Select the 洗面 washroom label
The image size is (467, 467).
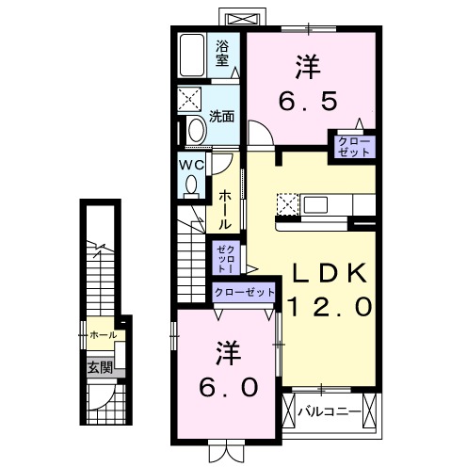coord(222,117)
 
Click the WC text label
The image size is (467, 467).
coord(192,164)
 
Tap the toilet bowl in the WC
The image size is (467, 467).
coord(192,185)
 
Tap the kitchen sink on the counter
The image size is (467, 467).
coord(314,204)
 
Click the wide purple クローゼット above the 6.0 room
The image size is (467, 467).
coord(244,292)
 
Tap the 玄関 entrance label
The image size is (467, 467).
coord(100,367)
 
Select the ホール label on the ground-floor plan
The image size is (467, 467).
coord(102,334)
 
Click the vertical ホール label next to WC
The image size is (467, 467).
coord(225,210)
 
